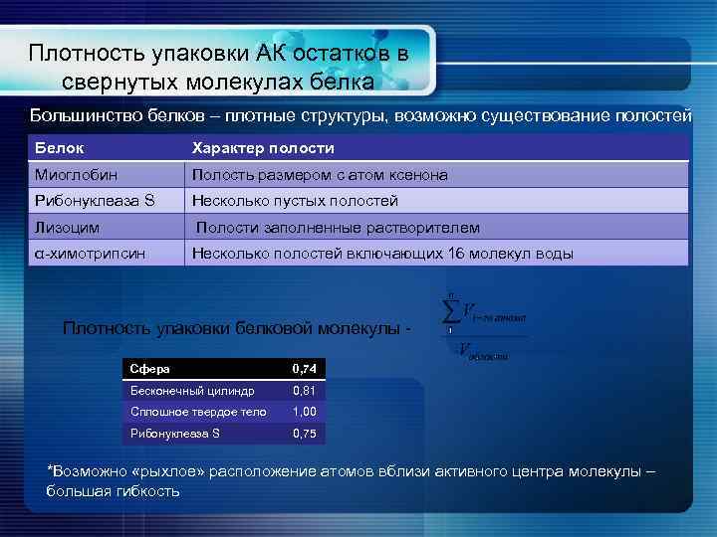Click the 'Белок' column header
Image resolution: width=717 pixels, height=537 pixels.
[58, 148]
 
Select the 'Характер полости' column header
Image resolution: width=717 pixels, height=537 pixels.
[263, 148]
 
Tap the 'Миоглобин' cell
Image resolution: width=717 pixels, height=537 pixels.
[70, 175]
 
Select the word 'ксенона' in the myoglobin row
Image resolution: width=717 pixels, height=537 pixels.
[418, 175]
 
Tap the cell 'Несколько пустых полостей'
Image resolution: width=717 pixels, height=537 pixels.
[295, 201]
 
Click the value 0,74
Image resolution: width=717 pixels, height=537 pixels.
[303, 369]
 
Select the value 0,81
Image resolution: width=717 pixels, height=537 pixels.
[303, 391]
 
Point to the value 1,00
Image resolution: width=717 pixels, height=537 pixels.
[303, 412]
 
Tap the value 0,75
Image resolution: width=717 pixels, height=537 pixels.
[303, 434]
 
